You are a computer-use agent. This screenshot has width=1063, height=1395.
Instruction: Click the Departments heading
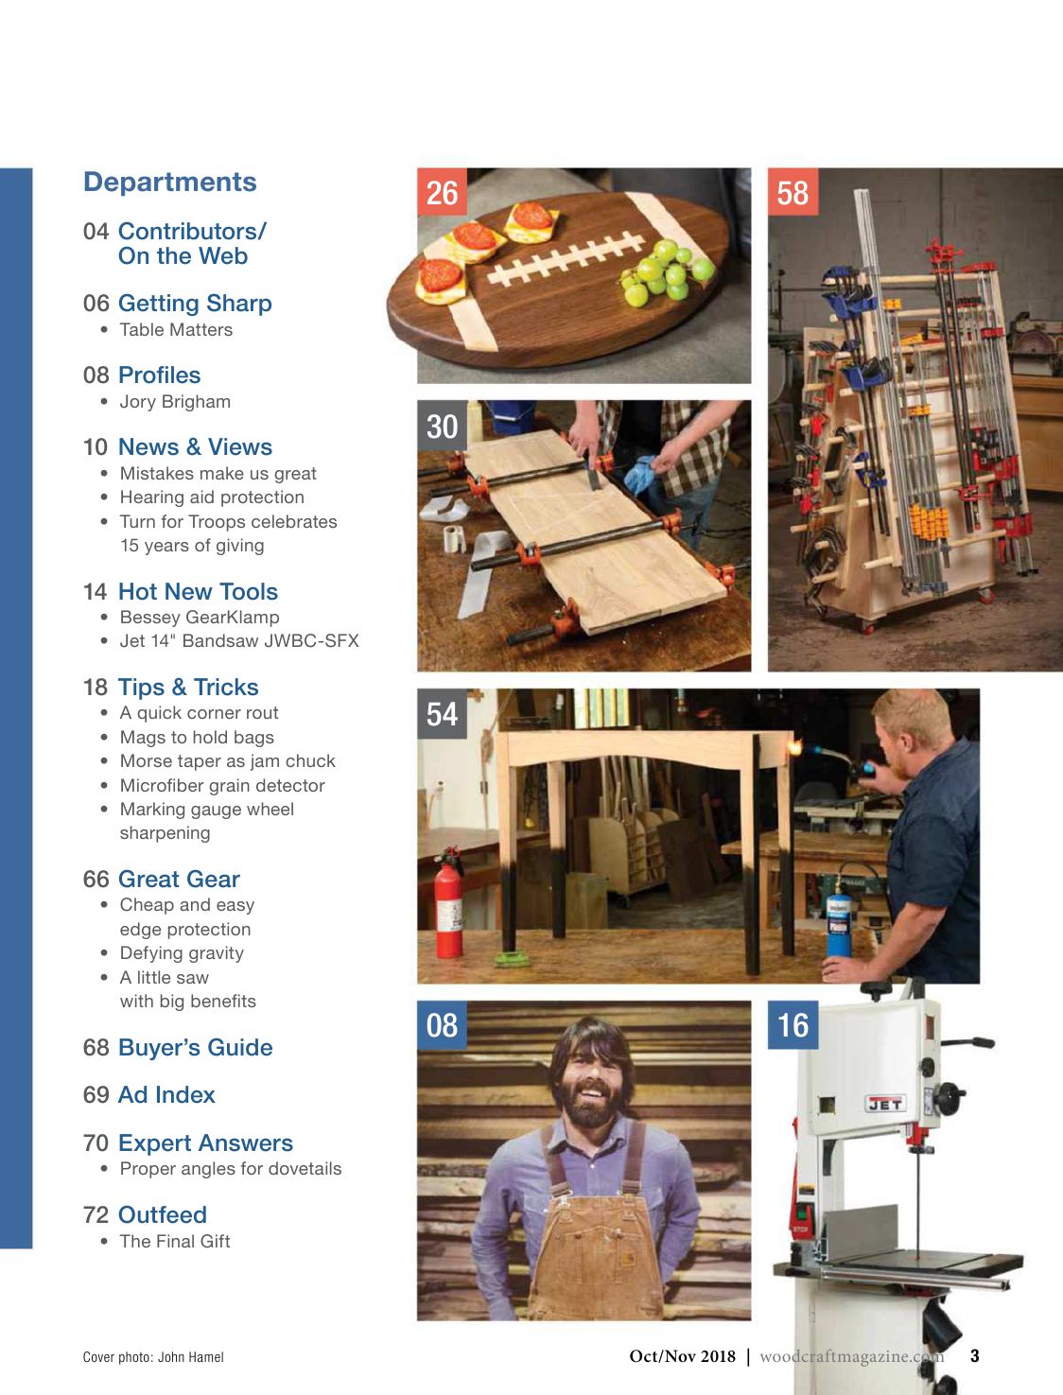pos(170,182)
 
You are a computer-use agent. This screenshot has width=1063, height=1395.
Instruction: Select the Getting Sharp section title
pos(195,303)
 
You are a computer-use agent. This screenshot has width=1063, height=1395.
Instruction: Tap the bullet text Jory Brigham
pos(175,401)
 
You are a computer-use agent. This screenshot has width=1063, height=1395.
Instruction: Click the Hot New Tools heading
pos(198,591)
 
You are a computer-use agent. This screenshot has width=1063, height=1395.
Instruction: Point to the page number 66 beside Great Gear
pos(96,879)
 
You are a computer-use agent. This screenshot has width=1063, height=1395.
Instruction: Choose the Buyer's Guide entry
pos(195,1047)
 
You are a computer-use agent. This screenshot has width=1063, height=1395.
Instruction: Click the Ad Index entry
pos(166,1094)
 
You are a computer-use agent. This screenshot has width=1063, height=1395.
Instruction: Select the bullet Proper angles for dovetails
pos(230,1168)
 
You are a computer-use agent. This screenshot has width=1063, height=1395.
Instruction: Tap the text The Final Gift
pos(175,1241)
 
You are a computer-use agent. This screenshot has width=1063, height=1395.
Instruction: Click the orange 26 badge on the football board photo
pos(442,193)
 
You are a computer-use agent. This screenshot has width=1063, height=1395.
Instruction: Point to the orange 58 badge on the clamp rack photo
pos(793,193)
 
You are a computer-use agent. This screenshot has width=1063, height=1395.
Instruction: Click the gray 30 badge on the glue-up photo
pos(442,427)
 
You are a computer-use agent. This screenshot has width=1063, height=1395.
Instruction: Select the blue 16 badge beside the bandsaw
pos(793,1025)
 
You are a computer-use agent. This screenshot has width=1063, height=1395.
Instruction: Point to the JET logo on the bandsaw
pos(885,1104)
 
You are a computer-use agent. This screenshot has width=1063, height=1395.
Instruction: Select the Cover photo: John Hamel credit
pos(153,1357)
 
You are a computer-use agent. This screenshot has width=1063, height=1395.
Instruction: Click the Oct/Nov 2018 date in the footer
pos(682,1356)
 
